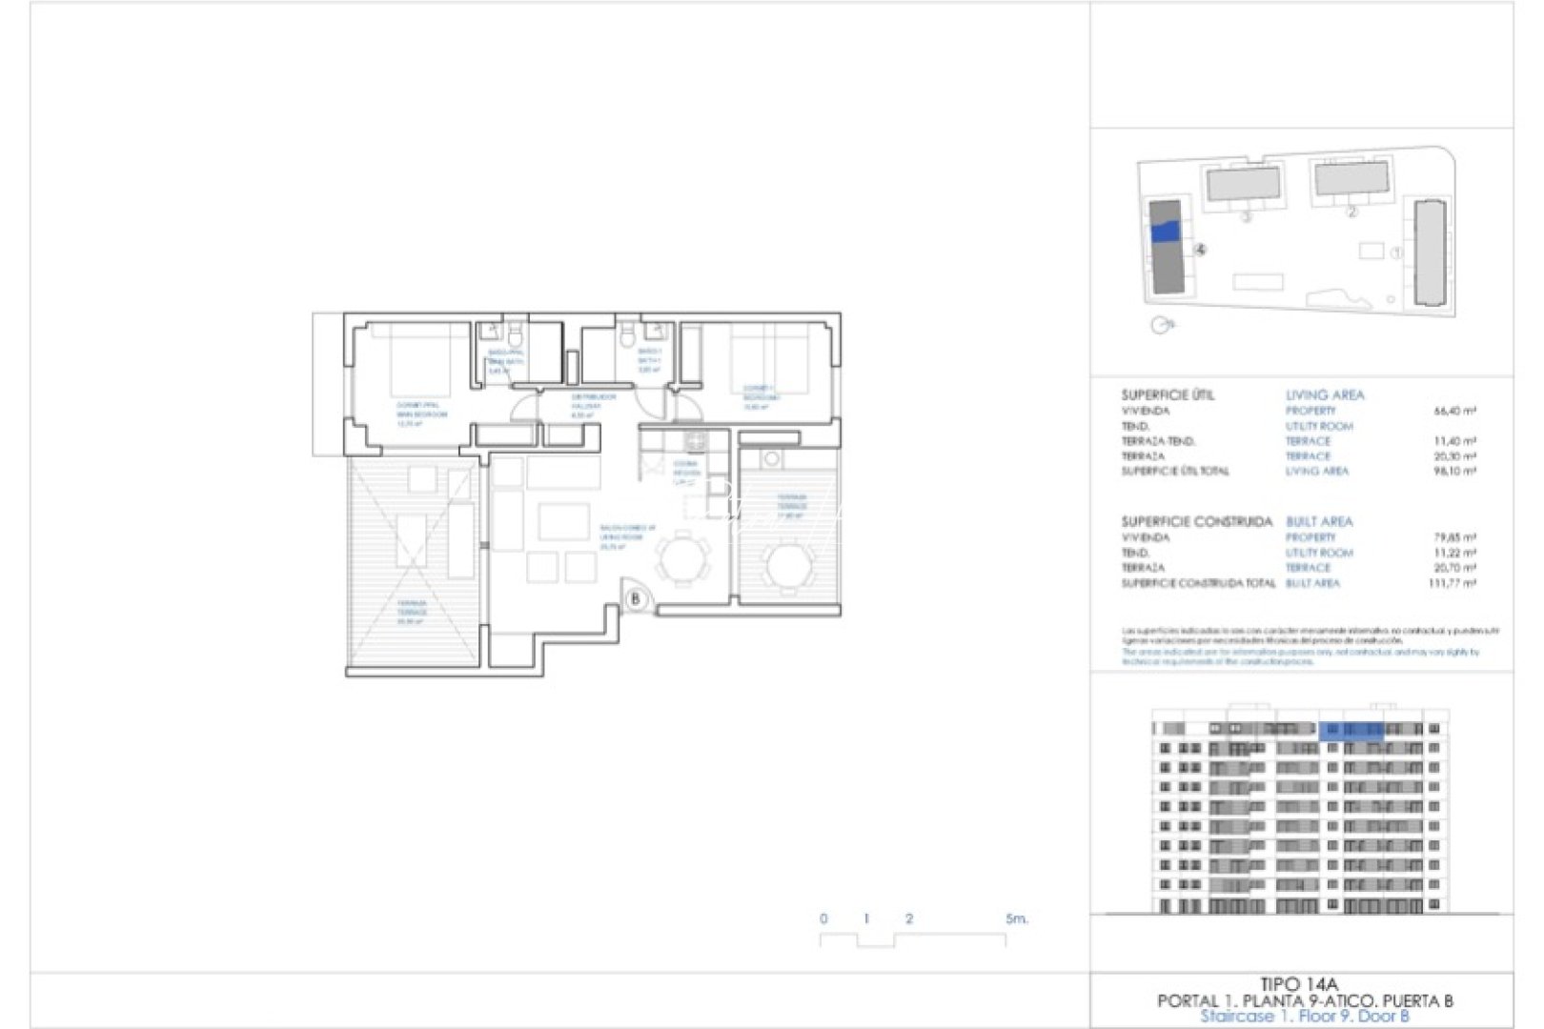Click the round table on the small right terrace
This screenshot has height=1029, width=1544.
click(790, 566)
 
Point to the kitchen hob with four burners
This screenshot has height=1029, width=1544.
click(696, 442)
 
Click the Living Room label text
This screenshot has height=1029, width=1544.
click(625, 536)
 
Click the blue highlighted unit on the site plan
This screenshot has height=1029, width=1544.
click(1165, 231)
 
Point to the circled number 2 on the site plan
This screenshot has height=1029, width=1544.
click(1351, 212)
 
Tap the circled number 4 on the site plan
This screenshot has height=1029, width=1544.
click(1200, 250)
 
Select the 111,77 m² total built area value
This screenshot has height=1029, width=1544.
click(1452, 583)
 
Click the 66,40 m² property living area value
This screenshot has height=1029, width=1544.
click(1454, 412)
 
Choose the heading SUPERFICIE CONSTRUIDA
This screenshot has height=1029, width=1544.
click(1196, 521)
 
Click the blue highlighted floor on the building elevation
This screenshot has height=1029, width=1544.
click(1351, 730)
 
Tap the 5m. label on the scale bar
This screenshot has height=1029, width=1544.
click(1016, 919)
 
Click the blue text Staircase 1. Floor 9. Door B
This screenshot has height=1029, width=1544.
click(1304, 1017)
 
